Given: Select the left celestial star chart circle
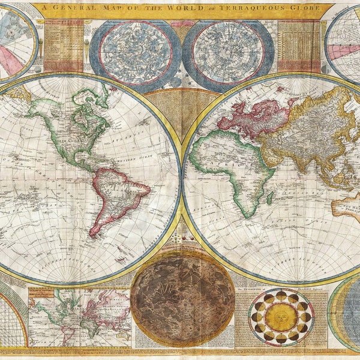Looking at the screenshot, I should click(135, 52).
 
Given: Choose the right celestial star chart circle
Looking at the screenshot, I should click(228, 52).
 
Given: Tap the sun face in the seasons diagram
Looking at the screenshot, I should click(281, 317).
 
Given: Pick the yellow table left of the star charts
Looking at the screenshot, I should click(63, 45).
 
